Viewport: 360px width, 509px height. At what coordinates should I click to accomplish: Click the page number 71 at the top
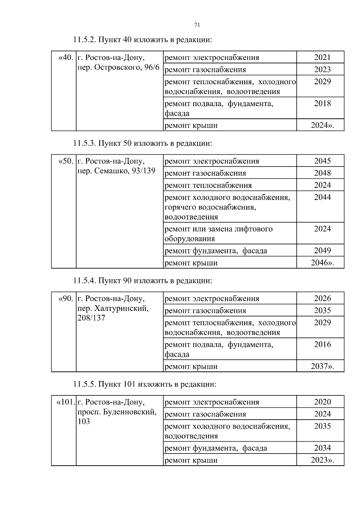[x=197, y=25]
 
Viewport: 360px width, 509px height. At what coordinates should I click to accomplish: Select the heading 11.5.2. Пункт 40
[x=142, y=40]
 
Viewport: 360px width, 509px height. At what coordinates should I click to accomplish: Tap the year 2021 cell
[x=322, y=58]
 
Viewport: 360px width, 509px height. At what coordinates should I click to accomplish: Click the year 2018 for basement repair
[x=322, y=104]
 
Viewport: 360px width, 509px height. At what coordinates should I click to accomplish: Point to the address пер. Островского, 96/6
[x=118, y=67]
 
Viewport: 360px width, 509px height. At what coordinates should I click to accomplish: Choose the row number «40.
[x=65, y=58]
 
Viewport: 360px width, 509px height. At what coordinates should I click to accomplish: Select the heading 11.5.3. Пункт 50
[x=142, y=143]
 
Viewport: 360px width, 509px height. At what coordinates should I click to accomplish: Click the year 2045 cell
[x=322, y=161]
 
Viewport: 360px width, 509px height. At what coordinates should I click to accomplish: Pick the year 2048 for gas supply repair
[x=322, y=173]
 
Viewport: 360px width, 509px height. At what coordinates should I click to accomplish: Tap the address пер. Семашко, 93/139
[x=116, y=171]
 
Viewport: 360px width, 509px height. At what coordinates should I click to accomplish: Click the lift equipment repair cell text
[x=218, y=234]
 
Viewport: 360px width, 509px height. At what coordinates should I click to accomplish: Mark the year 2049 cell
[x=322, y=251]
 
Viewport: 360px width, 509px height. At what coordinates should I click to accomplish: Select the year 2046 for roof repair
[x=322, y=263]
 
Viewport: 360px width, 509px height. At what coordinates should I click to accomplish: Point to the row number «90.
[x=65, y=299]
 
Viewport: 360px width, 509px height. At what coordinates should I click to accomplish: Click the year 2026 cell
[x=322, y=299]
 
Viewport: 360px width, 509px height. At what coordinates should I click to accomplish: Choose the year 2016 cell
[x=322, y=345]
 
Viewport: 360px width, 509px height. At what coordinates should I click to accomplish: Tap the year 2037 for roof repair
[x=322, y=366]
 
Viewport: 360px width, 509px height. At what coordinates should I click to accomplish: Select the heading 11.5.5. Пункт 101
[x=145, y=384]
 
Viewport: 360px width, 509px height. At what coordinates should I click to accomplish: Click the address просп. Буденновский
[x=117, y=412]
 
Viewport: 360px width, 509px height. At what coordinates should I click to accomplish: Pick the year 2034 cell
[x=322, y=448]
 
